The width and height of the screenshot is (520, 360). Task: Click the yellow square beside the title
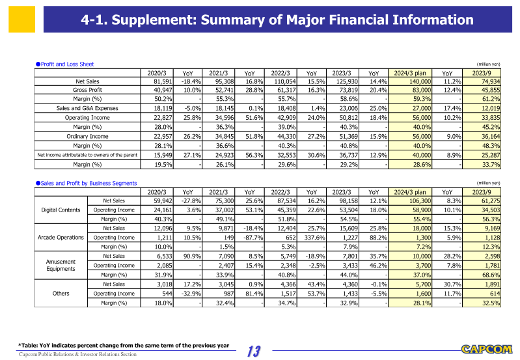(21, 20)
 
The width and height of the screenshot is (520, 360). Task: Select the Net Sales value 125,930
(346, 81)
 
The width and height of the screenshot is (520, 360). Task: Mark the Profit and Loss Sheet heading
(65, 64)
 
